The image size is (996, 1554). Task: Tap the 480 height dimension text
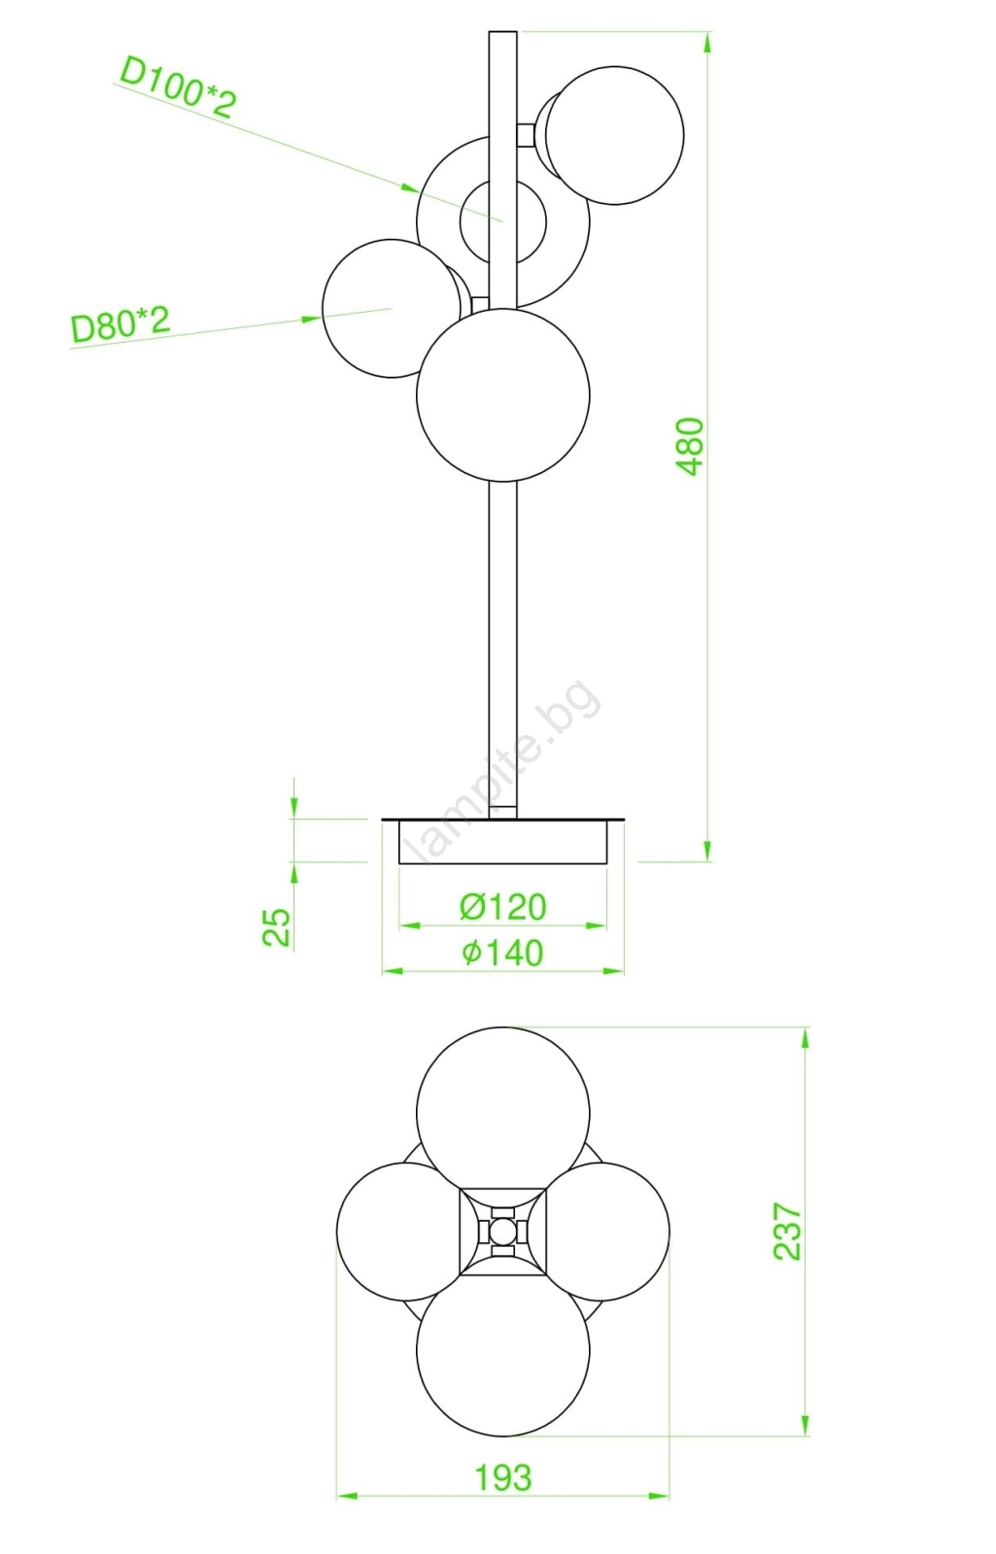pos(691,446)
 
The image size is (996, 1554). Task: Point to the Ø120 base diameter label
pos(502,907)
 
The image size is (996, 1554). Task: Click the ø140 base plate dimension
pos(502,953)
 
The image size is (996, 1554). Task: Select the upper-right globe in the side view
pos(614,135)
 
